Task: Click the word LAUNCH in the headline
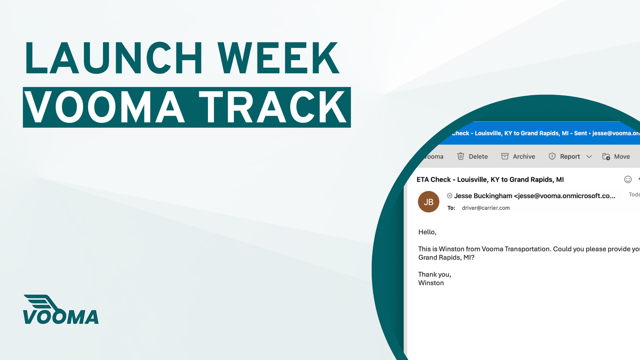(x=114, y=58)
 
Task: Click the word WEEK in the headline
(x=278, y=58)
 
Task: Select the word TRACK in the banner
(x=273, y=107)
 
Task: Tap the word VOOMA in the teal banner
(x=104, y=107)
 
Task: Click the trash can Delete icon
(x=461, y=156)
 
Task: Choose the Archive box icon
(x=505, y=156)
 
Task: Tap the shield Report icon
(x=552, y=156)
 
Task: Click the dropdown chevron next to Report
(x=589, y=156)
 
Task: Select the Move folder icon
(x=606, y=156)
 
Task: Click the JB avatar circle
(x=428, y=202)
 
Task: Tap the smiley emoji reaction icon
(x=628, y=180)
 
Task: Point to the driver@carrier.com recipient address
(x=486, y=208)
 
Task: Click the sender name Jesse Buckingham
(x=483, y=196)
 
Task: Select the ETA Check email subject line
(x=490, y=180)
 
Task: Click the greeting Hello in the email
(x=427, y=232)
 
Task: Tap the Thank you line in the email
(x=434, y=274)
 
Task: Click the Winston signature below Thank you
(x=431, y=283)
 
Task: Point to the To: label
(x=451, y=208)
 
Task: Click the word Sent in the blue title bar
(x=580, y=133)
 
